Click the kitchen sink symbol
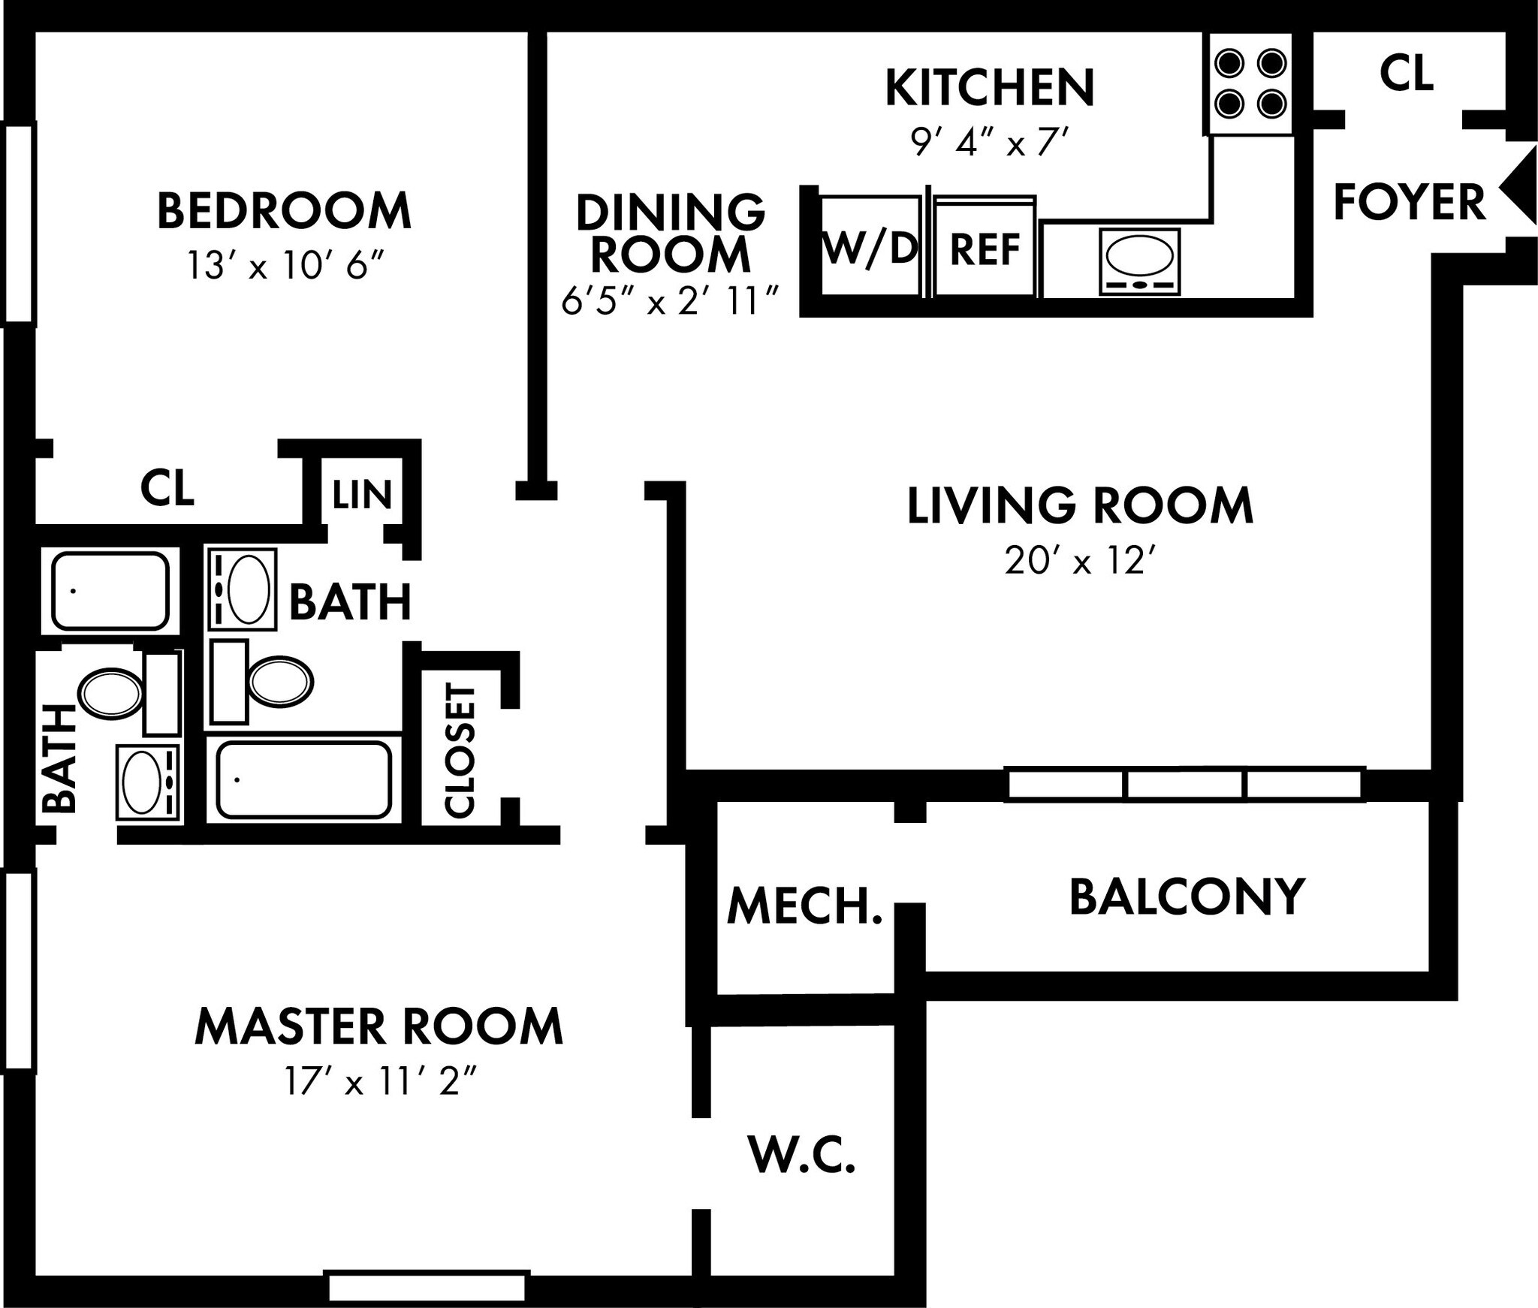click(x=1140, y=261)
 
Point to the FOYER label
click(x=1410, y=202)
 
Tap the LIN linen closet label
click(x=362, y=494)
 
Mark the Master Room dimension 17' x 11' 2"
click(x=381, y=1082)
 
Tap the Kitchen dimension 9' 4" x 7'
click(x=990, y=141)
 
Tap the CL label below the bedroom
click(x=167, y=488)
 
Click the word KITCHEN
click(x=990, y=87)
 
